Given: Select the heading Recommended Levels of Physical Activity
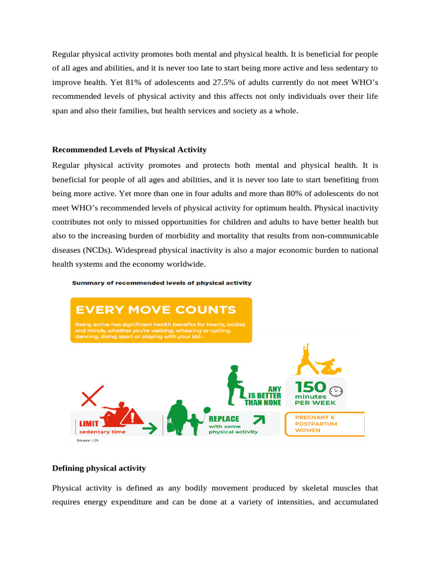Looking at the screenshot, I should coord(129,150).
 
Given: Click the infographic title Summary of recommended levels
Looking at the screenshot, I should coord(162,283).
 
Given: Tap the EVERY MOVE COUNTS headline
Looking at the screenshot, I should coord(155,310).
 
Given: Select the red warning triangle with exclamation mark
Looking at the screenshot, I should coord(135,417).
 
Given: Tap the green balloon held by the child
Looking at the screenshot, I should coord(207,410).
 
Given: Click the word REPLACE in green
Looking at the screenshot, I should coord(224,419).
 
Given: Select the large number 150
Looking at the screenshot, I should coord(310,387).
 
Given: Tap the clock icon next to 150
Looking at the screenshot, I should coord(336,391).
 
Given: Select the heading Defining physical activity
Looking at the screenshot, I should coord(99,468).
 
